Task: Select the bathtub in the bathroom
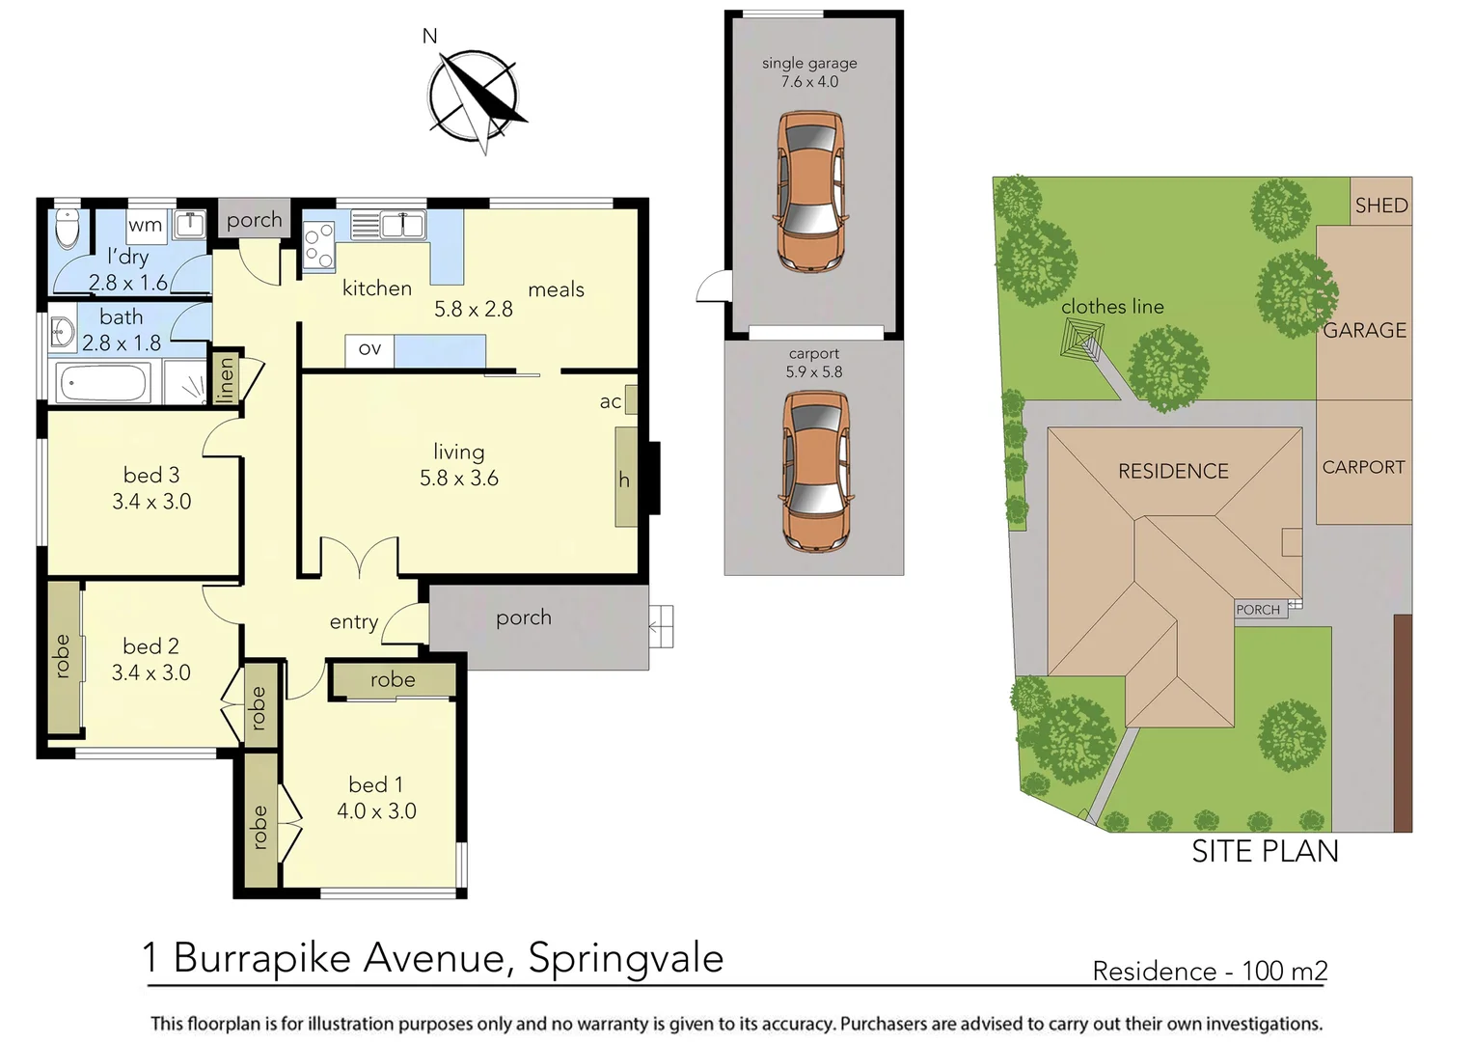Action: [x=103, y=383]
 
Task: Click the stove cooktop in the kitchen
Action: [x=318, y=245]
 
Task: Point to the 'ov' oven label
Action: [x=369, y=349]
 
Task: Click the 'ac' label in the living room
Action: [x=610, y=402]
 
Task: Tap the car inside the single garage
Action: [x=810, y=191]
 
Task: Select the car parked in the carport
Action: [x=815, y=470]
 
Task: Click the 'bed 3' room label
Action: [x=151, y=475]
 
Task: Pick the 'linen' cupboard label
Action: [x=226, y=377]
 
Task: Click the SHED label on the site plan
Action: [x=1380, y=206]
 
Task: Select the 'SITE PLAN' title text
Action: [x=1265, y=851]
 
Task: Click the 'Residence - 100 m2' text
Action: [x=1210, y=971]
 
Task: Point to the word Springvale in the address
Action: [x=625, y=958]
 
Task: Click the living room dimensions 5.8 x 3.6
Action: [x=459, y=479]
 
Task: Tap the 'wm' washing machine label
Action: [x=145, y=225]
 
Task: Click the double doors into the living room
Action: [x=359, y=560]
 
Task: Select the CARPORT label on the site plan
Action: [x=1363, y=468]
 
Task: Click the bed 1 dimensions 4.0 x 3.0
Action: [x=376, y=811]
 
